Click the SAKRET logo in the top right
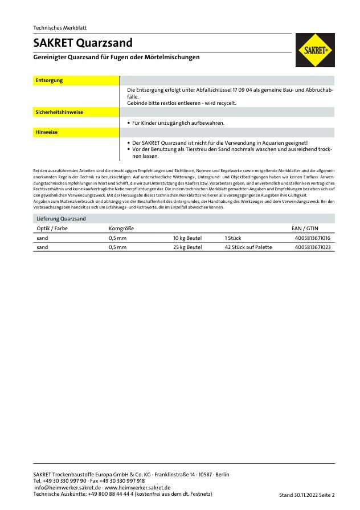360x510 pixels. tap(315, 50)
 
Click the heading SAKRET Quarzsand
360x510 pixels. tap(83, 43)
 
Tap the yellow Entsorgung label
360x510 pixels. tap(50, 80)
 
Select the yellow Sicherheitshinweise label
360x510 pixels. tap(59, 112)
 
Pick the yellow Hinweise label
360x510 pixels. tap(47, 132)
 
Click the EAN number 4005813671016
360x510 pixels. tap(312, 238)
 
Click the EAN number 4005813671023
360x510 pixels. tap(312, 247)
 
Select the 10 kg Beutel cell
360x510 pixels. tap(187, 238)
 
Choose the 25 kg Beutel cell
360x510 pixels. tap(187, 247)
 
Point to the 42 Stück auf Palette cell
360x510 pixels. tap(248, 247)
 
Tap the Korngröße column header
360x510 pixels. tap(121, 228)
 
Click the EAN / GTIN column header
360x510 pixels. tap(305, 228)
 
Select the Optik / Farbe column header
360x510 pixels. tap(52, 228)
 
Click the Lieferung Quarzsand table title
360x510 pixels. tap(61, 218)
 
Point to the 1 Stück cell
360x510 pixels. tap(234, 238)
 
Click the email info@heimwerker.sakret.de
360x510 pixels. tap(68, 487)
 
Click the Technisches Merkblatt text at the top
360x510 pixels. tap(60, 27)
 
